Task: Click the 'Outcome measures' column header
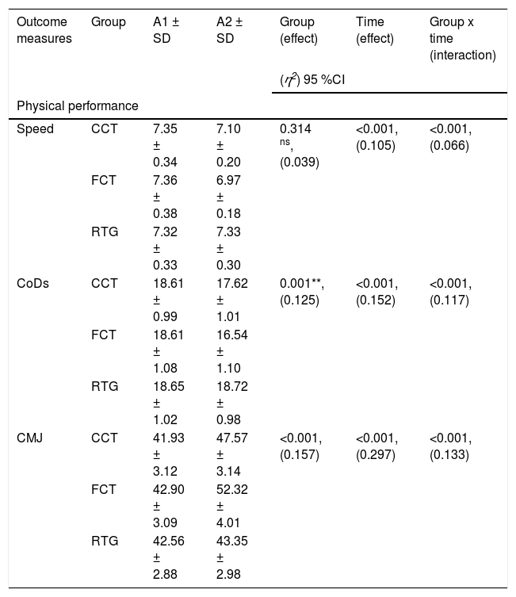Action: coord(44,30)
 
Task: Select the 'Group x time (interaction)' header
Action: coord(463,39)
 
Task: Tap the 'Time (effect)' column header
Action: coord(375,30)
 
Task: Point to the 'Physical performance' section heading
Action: coord(78,106)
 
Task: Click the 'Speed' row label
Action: coord(35,129)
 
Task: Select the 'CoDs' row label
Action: coord(32,284)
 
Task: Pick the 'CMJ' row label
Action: coord(29,438)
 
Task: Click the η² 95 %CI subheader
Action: coord(312,79)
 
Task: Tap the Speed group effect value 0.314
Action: coord(296,129)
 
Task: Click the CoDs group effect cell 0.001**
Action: coord(302,284)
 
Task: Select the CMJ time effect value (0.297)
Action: coord(376,454)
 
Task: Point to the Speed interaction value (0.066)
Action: coord(449,145)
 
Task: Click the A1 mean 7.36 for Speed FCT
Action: coord(165,181)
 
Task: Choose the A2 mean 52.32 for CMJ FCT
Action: coord(232,490)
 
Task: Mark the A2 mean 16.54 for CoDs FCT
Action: coord(232,335)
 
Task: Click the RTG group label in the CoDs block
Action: coord(105,386)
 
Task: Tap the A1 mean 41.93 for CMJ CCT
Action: coord(169,438)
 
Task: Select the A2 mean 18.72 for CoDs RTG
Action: coord(232,386)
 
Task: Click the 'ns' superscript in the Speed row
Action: coord(285,143)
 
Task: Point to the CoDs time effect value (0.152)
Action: coord(376,300)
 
